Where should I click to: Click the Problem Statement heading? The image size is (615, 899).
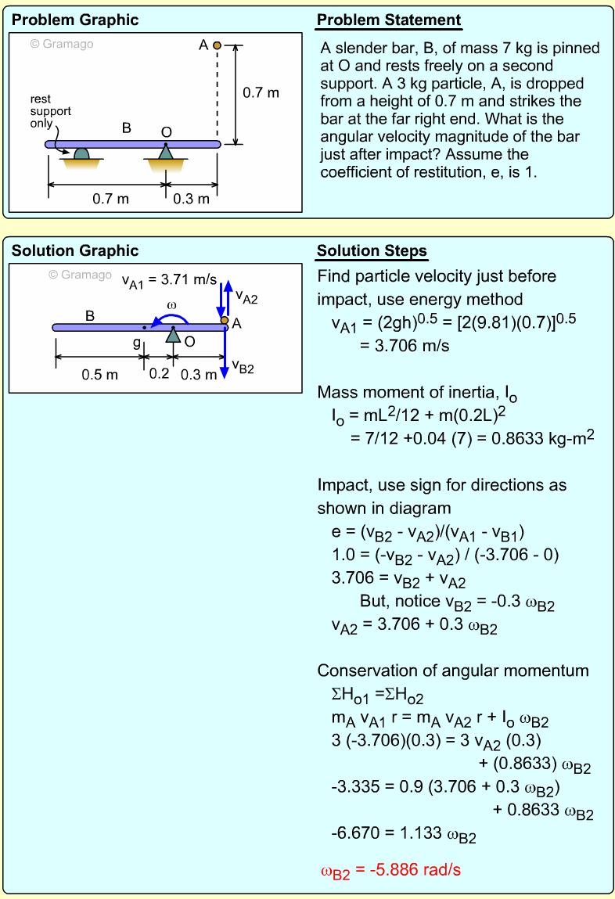coord(388,20)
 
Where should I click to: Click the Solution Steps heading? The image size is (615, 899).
coord(372,251)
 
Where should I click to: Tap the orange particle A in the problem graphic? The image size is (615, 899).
coord(218,45)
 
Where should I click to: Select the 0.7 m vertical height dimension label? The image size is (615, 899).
coord(261,93)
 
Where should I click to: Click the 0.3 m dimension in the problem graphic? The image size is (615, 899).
coord(191,199)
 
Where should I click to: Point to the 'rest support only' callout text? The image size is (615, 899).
coord(50,111)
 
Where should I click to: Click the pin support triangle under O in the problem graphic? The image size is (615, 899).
coord(165,153)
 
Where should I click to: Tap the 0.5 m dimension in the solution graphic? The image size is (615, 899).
coord(100,374)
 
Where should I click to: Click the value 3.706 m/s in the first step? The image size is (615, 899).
coord(405,345)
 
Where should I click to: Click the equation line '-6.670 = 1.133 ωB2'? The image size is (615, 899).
coord(404,835)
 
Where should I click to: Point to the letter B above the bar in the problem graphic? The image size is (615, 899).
coord(126,128)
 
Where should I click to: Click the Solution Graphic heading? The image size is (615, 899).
coord(75,251)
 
